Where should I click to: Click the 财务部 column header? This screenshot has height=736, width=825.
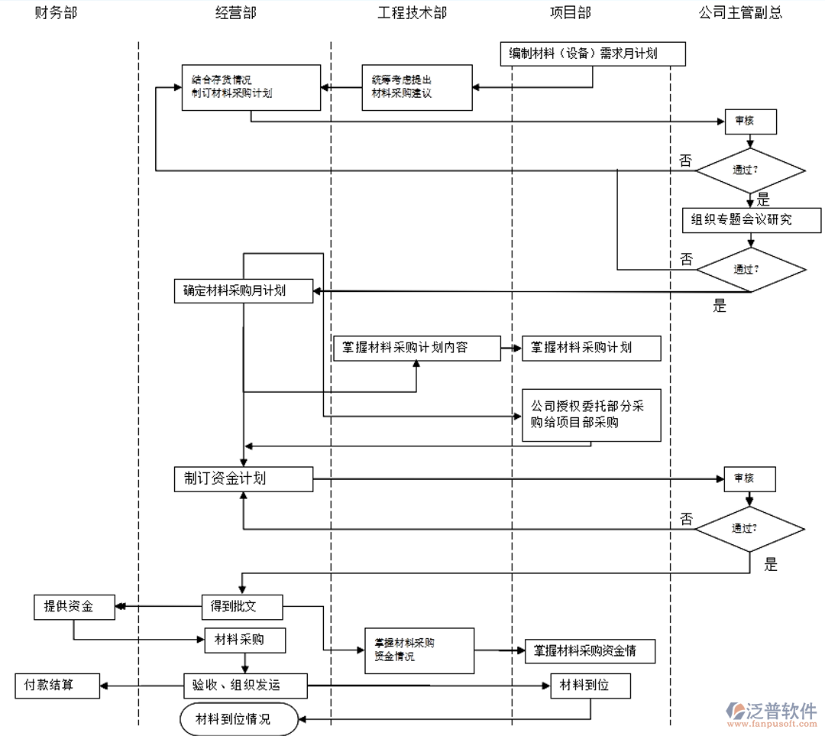55,13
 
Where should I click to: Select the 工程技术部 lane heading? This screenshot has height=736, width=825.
412,13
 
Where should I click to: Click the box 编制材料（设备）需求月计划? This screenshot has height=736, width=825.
593,53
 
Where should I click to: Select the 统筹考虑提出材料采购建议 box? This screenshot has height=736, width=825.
417,87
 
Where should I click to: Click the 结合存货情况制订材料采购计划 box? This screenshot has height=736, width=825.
250,87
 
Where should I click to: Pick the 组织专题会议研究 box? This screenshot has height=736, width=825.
752,220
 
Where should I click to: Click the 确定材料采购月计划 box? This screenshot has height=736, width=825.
243,290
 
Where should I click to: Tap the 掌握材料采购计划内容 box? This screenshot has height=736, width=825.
416,348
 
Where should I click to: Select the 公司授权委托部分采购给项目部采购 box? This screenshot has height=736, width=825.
591,414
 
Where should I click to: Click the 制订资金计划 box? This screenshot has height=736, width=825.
243,479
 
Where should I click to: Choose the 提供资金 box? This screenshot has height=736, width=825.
74,607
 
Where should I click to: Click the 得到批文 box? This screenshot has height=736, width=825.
241,607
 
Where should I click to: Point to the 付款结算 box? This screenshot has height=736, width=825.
57,686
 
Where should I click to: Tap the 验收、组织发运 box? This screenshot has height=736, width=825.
245,686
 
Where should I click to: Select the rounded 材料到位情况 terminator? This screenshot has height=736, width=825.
238,719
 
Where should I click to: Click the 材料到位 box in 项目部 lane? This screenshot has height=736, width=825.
590,686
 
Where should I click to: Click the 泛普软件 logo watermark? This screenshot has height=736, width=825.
771,712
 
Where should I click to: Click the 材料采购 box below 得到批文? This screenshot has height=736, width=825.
244,640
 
